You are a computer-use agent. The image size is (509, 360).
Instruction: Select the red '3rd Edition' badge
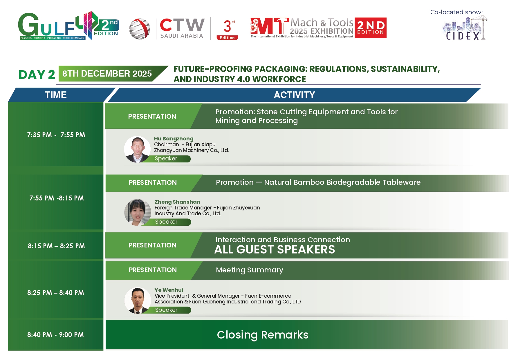coord(228,29)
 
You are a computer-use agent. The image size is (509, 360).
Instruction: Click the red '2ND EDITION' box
coord(371,28)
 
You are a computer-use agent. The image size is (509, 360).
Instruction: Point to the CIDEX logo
coord(464,28)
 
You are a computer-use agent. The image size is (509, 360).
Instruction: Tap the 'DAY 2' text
coord(37,75)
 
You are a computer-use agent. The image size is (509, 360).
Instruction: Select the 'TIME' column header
coord(56,95)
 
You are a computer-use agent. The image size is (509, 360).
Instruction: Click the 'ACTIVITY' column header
coord(294,95)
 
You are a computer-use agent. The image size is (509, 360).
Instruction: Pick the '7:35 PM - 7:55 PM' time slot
coord(56,135)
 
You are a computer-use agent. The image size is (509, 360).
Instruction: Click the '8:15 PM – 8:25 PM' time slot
coord(56,246)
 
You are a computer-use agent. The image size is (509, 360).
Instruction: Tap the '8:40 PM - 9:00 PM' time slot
coord(55,335)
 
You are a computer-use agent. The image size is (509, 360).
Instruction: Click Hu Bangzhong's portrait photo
coord(137,149)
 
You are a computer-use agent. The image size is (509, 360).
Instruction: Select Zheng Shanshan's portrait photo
coord(138,212)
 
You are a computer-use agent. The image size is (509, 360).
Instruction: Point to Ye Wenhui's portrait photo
coord(138,301)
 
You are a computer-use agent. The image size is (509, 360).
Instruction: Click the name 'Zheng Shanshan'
coord(177,202)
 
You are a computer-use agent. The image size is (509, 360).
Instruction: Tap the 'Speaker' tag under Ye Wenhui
coord(166,310)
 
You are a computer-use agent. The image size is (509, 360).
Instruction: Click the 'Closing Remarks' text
coord(263,335)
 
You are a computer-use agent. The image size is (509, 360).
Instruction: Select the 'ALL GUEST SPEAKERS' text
coord(275,249)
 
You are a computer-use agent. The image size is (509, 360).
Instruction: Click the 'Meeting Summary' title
coord(250,270)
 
